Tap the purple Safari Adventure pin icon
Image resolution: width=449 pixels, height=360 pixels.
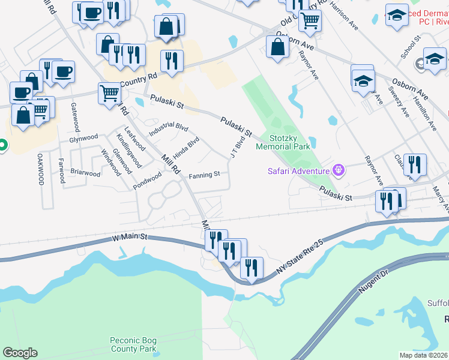click(339, 171)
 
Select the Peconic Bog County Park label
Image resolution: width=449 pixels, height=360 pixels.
click(133, 344)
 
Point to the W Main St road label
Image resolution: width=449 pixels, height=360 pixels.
click(130, 238)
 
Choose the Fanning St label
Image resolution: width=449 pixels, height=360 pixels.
click(205, 175)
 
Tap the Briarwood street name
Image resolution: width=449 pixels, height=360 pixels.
click(85, 173)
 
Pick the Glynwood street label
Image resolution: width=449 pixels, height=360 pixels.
click(83, 138)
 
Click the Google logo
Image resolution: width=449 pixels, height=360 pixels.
click(20, 353)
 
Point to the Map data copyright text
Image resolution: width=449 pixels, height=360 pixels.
click(424, 355)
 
